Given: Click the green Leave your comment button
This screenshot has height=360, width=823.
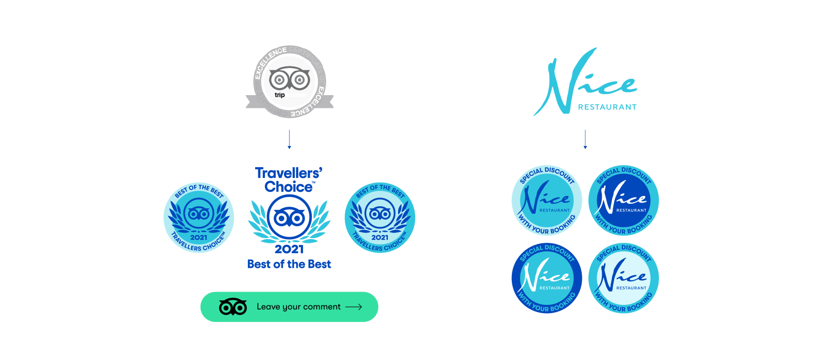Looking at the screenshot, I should click(289, 307).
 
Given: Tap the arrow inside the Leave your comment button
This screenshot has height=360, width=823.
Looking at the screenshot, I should click(353, 307).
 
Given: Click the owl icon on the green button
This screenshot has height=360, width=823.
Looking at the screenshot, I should click(233, 307).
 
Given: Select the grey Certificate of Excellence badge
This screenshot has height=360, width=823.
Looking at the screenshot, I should click(290, 81).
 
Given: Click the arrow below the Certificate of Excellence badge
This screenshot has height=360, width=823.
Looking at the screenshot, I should click(289, 140).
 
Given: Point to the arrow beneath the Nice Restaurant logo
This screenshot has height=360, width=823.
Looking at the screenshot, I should click(585, 140).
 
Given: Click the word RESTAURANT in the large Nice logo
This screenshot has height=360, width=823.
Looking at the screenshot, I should click(607, 107).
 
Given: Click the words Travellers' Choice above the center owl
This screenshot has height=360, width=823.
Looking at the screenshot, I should click(289, 179).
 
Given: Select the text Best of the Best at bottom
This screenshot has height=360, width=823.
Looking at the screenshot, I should click(289, 264).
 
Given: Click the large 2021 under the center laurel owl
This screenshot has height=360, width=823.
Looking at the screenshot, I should click(289, 249).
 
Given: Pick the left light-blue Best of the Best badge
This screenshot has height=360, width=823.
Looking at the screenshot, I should click(199, 218).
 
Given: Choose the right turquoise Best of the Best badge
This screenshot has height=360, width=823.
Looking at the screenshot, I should click(380, 218).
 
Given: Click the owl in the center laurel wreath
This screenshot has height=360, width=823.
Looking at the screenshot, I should click(289, 218).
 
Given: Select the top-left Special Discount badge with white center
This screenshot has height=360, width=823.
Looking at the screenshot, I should click(547, 200).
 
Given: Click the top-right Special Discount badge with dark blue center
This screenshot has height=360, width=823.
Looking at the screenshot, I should click(623, 200).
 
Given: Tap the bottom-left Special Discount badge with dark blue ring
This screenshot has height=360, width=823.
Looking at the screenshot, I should click(547, 278).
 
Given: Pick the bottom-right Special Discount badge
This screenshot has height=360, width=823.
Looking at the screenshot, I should click(623, 278).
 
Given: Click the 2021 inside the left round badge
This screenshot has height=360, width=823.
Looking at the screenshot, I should click(199, 238).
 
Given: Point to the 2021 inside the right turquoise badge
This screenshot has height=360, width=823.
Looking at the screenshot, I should click(380, 238).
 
